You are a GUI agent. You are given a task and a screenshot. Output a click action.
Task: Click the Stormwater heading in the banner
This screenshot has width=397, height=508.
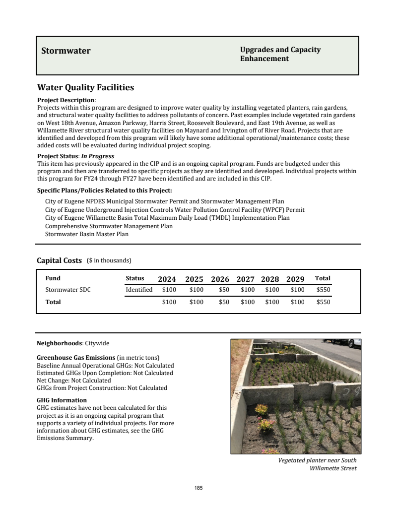click(x=66, y=51)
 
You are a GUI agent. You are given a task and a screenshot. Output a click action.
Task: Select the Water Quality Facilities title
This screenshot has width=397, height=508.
click(x=85, y=88)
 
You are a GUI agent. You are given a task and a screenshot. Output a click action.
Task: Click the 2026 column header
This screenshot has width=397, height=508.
click(x=220, y=279)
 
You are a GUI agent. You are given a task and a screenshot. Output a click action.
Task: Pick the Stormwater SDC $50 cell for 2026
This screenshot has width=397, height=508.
click(x=224, y=290)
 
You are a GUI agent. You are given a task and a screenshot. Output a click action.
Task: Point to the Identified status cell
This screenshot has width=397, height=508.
click(x=139, y=290)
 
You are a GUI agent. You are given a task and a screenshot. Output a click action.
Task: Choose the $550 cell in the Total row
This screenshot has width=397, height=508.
click(x=323, y=302)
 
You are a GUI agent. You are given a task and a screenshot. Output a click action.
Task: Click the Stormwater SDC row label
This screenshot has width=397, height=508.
click(x=68, y=290)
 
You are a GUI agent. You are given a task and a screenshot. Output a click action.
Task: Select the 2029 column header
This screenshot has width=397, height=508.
click(x=295, y=279)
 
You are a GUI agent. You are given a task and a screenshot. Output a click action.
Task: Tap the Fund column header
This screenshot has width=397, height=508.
click(x=53, y=278)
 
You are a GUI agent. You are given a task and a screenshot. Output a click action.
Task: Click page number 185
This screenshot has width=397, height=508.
click(x=198, y=488)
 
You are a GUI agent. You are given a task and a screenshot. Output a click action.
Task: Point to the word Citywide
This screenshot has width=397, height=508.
click(x=97, y=343)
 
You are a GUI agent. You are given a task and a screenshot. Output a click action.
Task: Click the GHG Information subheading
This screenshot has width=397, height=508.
click(x=62, y=400)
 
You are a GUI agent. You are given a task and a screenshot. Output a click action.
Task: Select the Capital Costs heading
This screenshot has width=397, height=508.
click(x=59, y=260)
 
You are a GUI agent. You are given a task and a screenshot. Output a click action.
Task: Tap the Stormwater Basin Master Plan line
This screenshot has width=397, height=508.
click(x=87, y=234)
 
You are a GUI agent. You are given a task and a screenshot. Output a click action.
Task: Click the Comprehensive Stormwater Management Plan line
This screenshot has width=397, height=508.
click(x=109, y=226)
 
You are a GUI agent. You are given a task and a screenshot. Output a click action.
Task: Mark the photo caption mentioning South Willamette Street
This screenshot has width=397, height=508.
click(x=318, y=464)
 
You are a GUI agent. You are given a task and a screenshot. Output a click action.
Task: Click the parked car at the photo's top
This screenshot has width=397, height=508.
click(x=342, y=342)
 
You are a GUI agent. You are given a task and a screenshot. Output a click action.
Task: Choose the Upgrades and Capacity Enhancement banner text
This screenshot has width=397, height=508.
click(x=280, y=54)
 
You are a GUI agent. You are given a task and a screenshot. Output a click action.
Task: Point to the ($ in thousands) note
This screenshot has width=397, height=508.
click(x=109, y=260)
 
